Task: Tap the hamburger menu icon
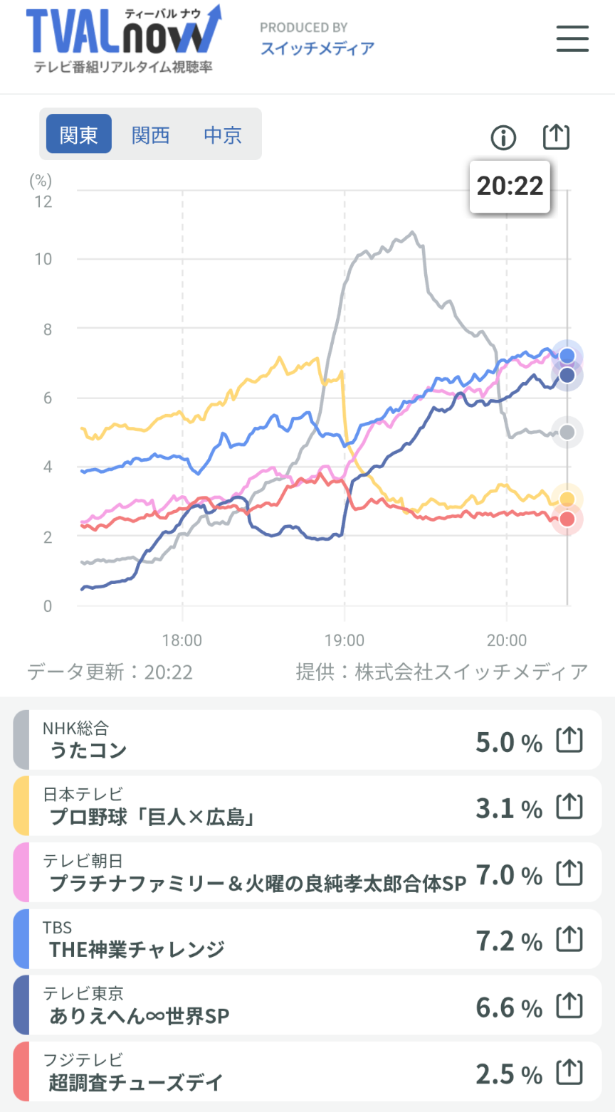pyautogui.click(x=572, y=38)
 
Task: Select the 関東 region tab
pyautogui.click(x=79, y=134)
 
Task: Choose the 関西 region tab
pyautogui.click(x=151, y=134)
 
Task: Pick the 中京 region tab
pyautogui.click(x=223, y=134)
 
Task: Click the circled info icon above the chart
pyautogui.click(x=503, y=137)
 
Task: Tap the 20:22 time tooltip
pyautogui.click(x=510, y=186)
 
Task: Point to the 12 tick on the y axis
pyautogui.click(x=43, y=201)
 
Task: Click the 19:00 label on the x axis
pyautogui.click(x=345, y=640)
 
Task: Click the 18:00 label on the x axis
pyautogui.click(x=182, y=640)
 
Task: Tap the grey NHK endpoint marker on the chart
pyautogui.click(x=567, y=432)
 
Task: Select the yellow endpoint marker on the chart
pyautogui.click(x=567, y=499)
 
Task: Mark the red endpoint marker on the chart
pyautogui.click(x=567, y=519)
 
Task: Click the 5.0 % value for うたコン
pyautogui.click(x=508, y=743)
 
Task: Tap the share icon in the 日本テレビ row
pyautogui.click(x=569, y=807)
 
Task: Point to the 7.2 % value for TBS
pyautogui.click(x=508, y=941)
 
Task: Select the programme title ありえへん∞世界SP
pyautogui.click(x=140, y=1016)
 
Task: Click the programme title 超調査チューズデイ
pyautogui.click(x=136, y=1083)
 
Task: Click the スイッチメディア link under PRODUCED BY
pyautogui.click(x=317, y=48)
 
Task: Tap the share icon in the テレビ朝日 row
pyautogui.click(x=569, y=873)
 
